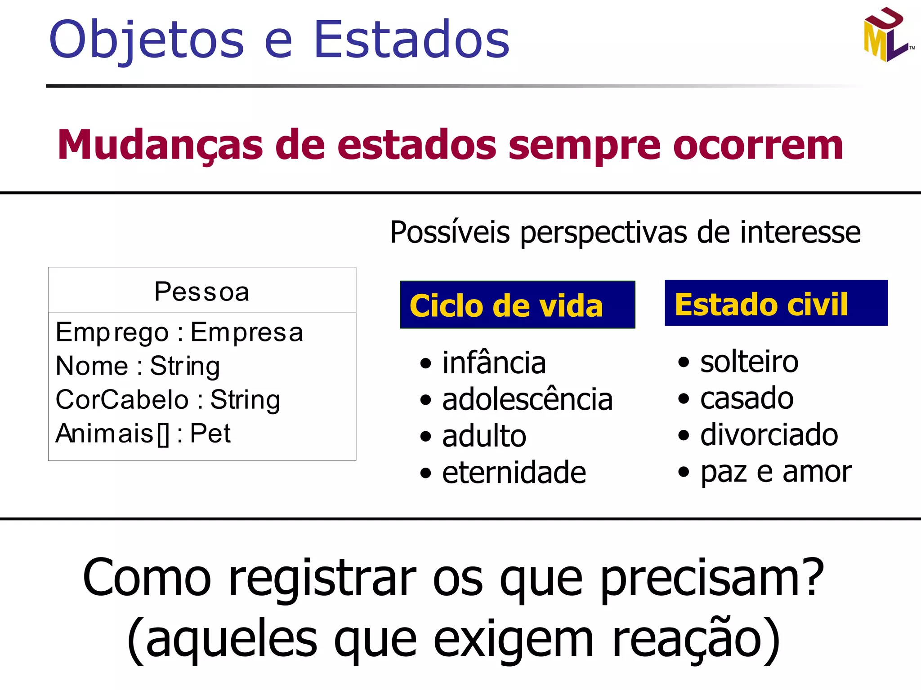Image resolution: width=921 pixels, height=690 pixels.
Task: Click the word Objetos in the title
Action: (x=147, y=40)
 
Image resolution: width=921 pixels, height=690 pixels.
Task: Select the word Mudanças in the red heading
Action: (x=160, y=145)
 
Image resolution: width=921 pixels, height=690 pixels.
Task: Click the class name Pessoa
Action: (x=202, y=292)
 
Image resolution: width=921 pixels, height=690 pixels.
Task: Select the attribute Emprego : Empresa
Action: (x=179, y=332)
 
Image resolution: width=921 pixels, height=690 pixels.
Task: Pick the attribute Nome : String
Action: (x=138, y=366)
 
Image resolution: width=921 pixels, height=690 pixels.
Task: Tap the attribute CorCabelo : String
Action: (x=168, y=399)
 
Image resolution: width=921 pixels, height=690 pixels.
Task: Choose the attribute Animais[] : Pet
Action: (x=143, y=433)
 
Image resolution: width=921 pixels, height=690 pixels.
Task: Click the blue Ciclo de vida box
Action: (x=517, y=305)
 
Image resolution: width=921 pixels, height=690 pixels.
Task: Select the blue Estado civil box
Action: (x=776, y=303)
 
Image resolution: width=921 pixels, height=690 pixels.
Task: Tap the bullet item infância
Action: (x=494, y=363)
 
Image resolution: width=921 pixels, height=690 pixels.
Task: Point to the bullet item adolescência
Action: (x=527, y=399)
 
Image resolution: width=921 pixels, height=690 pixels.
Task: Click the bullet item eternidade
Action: (x=514, y=473)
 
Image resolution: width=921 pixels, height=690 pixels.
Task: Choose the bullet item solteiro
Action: (x=749, y=362)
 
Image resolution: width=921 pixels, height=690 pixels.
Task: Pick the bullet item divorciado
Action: (x=769, y=435)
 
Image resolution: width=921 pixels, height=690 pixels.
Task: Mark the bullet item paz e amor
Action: (x=776, y=472)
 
